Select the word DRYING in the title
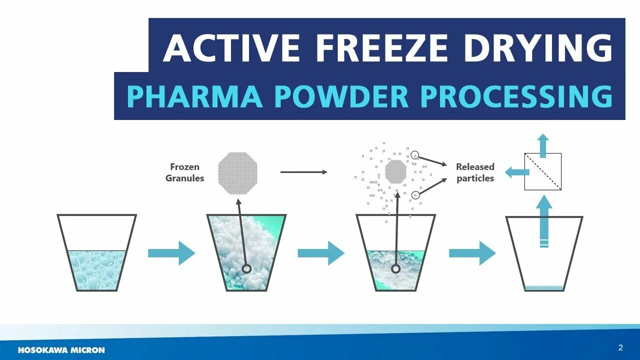point(537,48)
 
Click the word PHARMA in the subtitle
point(194,96)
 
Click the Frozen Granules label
point(185,172)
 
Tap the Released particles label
point(475,172)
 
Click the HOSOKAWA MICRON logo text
point(61,350)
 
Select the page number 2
point(620,347)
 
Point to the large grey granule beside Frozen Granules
point(239,173)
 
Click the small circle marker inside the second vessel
point(246,268)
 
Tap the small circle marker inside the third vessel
point(395,268)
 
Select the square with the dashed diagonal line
point(543,171)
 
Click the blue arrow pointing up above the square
point(543,145)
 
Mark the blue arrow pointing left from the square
point(517,172)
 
